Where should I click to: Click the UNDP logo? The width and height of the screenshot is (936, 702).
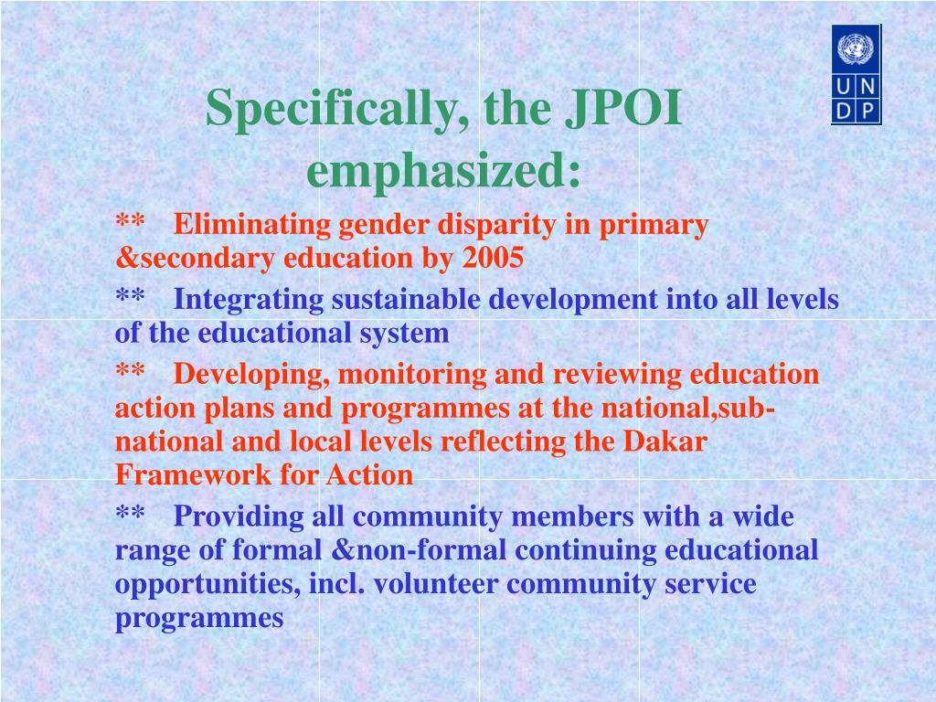click(856, 75)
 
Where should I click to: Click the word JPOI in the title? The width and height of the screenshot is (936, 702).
click(623, 108)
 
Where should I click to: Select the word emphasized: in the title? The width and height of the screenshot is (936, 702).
click(443, 169)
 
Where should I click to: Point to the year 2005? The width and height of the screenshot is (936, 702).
click(493, 258)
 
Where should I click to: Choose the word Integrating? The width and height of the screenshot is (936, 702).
click(249, 301)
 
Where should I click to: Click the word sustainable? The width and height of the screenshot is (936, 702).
click(406, 299)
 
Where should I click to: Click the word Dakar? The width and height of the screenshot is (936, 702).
click(665, 441)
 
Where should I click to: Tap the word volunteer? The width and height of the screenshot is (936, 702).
click(436, 583)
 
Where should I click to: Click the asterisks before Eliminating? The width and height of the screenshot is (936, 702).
click(130, 221)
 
